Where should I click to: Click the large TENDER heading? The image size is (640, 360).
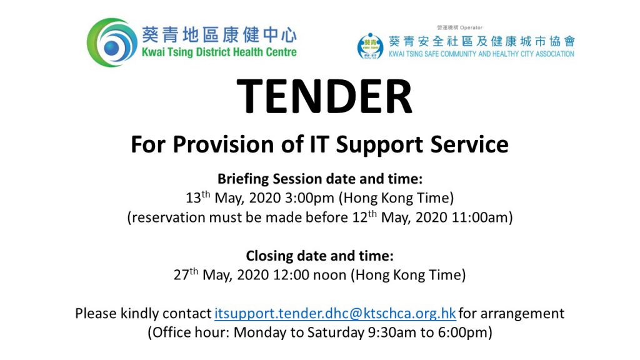pyautogui.click(x=324, y=96)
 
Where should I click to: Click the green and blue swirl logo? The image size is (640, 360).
pyautogui.click(x=112, y=42)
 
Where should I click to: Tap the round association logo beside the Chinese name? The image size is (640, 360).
pyautogui.click(x=370, y=46)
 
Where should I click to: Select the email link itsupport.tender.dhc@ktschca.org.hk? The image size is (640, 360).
pyautogui.click(x=335, y=314)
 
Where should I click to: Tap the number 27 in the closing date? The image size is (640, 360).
pyautogui.click(x=182, y=275)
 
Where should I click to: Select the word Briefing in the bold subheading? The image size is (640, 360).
pyautogui.click(x=243, y=179)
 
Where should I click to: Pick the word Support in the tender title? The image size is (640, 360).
pyautogui.click(x=379, y=145)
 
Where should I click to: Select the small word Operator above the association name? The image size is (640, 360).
pyautogui.click(x=471, y=27)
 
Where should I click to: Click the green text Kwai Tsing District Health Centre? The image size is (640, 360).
pyautogui.click(x=219, y=52)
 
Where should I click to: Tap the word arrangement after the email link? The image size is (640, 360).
pyautogui.click(x=522, y=314)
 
